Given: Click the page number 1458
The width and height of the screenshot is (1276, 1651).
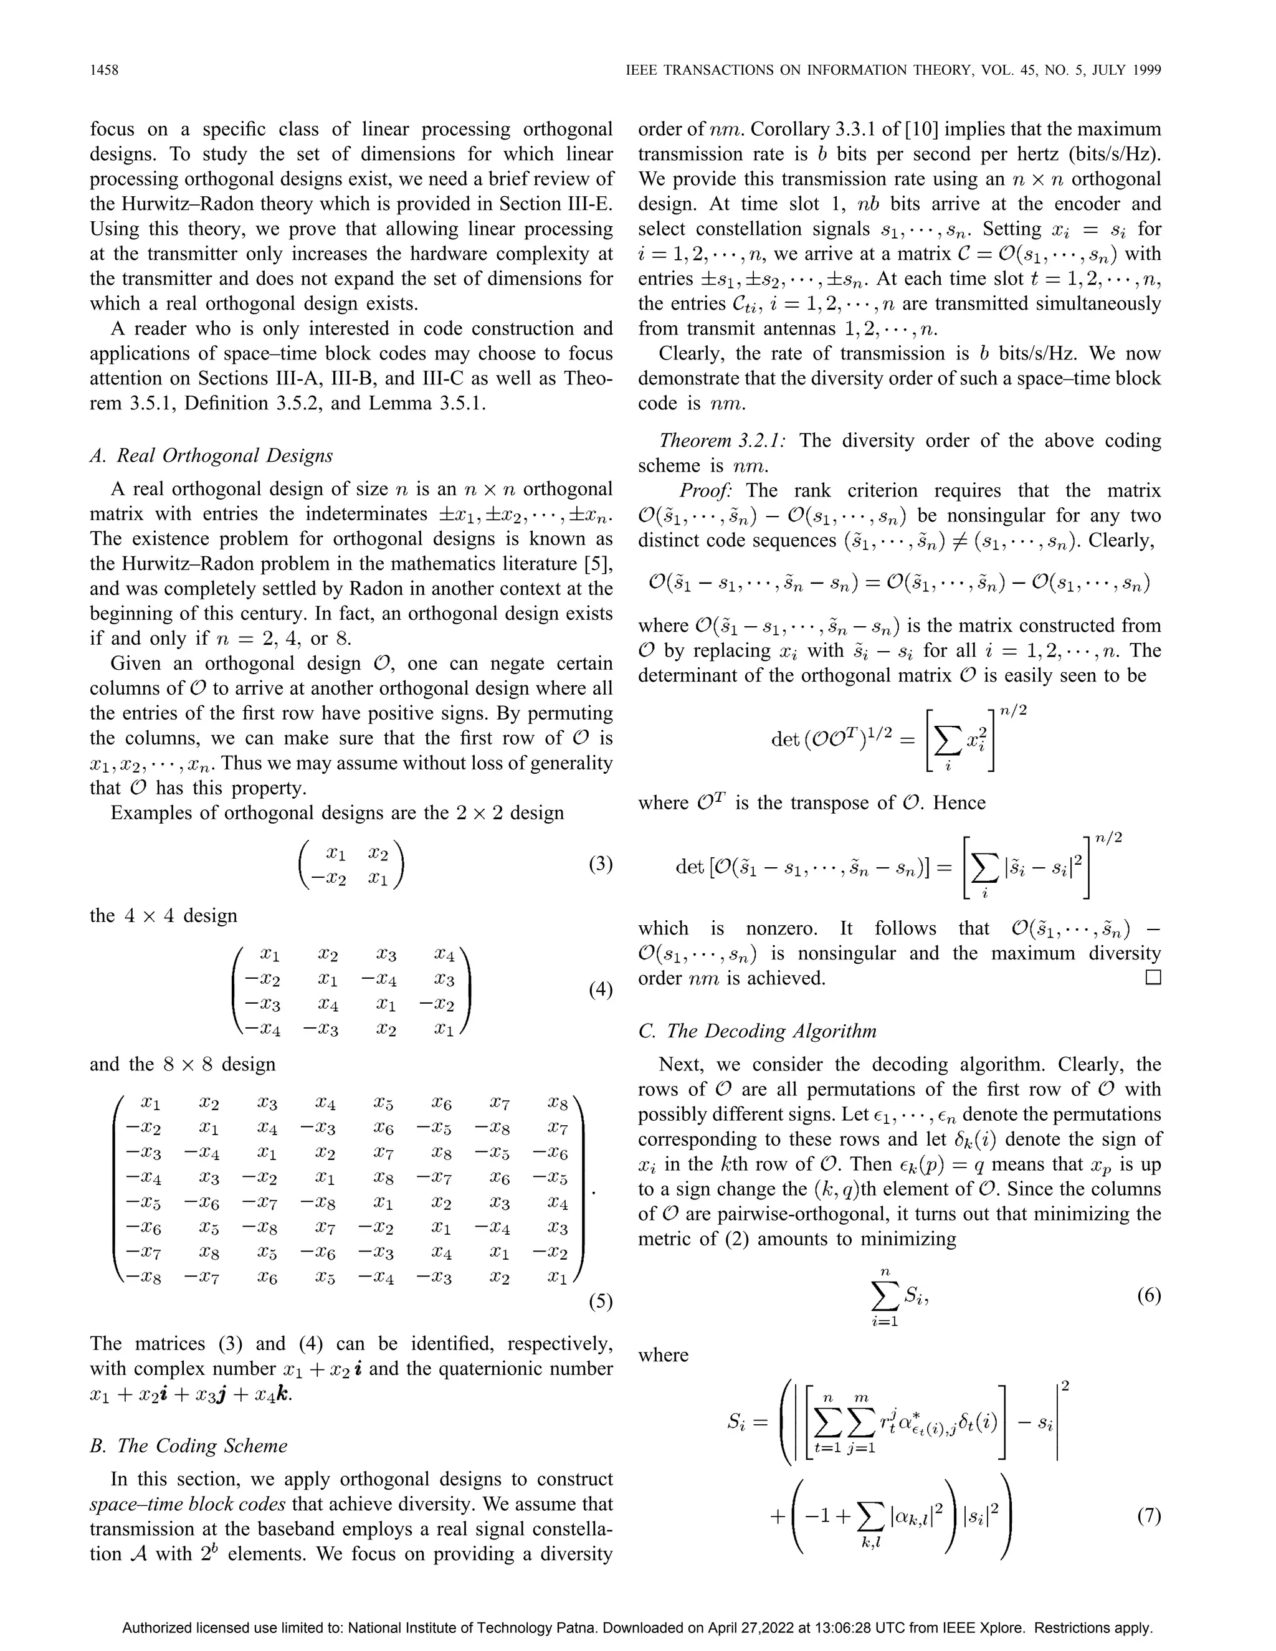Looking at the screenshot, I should coord(104,70).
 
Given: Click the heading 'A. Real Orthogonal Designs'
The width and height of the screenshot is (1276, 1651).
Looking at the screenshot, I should coord(211,456).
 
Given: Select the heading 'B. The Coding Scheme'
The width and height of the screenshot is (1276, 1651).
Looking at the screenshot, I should coord(188,1445).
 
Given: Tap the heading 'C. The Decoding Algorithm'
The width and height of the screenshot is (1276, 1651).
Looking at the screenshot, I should coord(758,1031).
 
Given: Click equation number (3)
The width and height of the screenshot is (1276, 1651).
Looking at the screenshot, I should coord(600,864).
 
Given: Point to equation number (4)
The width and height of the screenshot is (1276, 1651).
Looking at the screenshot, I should coord(600,989).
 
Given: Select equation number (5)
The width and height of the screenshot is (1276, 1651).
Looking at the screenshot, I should coord(600,1301).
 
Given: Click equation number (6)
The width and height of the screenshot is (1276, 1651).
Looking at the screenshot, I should coord(1148,1296).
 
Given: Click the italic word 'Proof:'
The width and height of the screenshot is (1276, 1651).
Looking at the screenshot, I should coord(705,490).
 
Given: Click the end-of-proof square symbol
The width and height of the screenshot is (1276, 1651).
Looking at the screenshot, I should coord(1153,978).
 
